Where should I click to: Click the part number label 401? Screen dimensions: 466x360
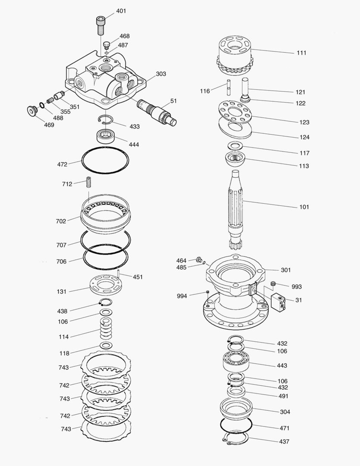coord(121,11)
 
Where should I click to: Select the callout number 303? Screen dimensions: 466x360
coord(161,74)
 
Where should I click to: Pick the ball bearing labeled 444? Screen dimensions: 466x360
coord(106,136)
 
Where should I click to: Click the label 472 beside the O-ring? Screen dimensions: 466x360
coord(62,164)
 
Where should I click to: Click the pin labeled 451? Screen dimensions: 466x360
coord(118,274)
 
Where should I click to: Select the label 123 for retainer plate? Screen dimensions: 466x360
coord(304,122)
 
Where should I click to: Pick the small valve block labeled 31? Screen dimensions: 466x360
coord(279,301)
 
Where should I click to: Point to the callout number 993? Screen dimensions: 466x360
coord(297,287)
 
